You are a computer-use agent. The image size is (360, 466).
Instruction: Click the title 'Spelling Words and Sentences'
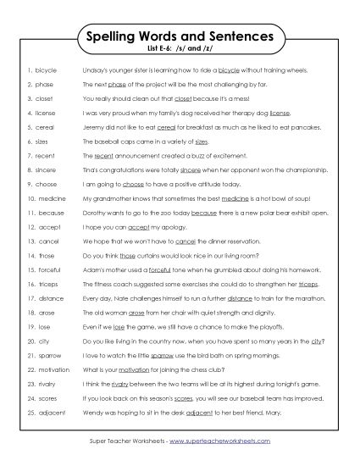pos(180,36)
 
